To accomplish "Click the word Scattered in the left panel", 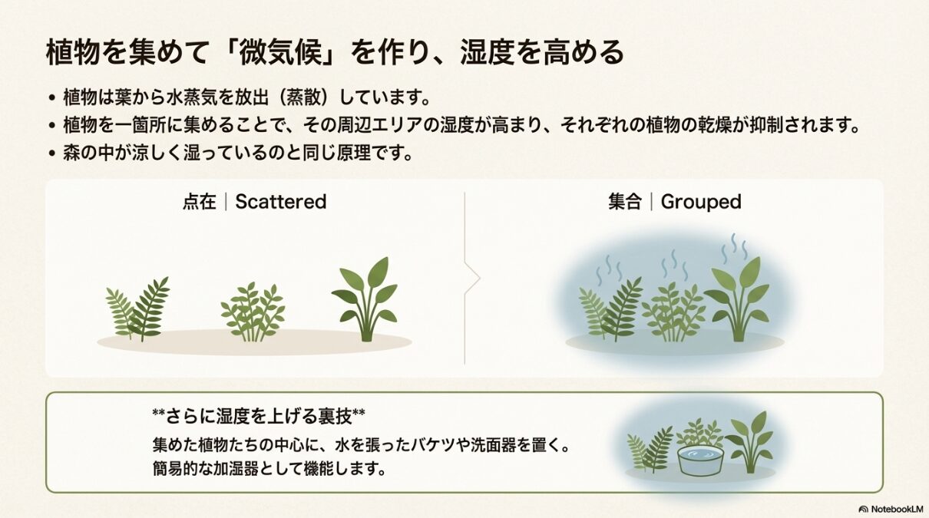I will (x=280, y=202).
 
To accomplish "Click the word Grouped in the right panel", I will (x=700, y=202).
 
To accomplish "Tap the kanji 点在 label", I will (x=200, y=202).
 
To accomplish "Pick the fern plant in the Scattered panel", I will (x=138, y=311).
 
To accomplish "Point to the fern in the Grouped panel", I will (x=611, y=311).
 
